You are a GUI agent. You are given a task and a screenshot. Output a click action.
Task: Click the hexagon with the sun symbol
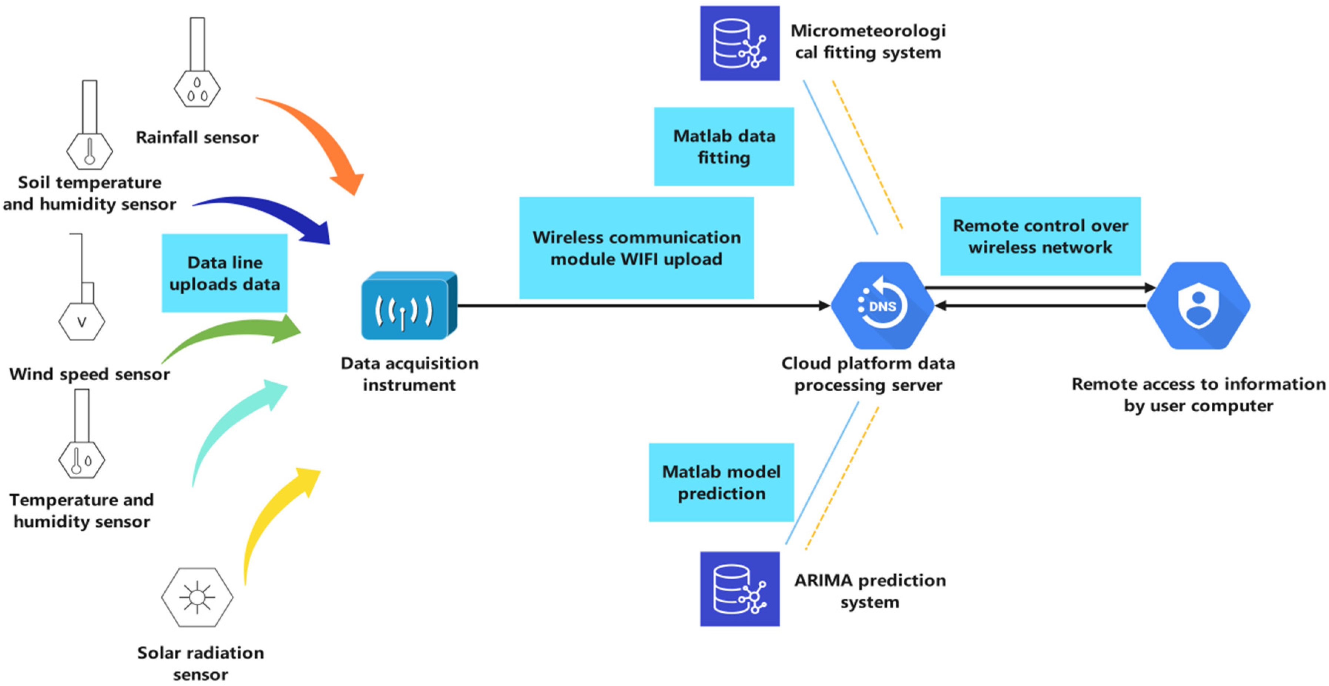(x=197, y=597)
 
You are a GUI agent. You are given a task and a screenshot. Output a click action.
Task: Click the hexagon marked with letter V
(x=81, y=322)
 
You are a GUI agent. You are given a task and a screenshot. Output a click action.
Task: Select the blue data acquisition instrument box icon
(x=409, y=306)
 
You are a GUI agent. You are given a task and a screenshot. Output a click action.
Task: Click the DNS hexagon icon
(x=882, y=305)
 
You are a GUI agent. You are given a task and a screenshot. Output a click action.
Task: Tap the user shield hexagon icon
(x=1198, y=305)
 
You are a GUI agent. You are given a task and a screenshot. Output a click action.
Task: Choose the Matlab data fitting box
(x=724, y=147)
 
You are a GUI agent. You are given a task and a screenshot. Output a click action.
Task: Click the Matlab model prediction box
(x=721, y=482)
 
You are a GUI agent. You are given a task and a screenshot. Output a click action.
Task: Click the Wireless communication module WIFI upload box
(x=636, y=248)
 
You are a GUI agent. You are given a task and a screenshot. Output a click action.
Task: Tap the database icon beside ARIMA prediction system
(x=739, y=589)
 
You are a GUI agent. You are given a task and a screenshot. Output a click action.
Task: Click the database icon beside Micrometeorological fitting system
(x=739, y=43)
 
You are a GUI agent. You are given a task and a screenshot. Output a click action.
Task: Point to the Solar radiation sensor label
(x=200, y=663)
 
